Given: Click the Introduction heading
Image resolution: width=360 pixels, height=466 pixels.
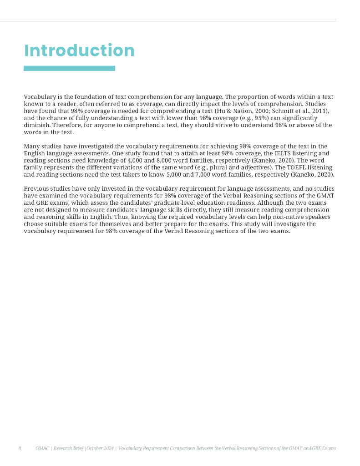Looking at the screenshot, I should click(x=79, y=51).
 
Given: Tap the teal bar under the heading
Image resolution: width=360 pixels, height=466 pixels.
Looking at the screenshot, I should click(x=69, y=68).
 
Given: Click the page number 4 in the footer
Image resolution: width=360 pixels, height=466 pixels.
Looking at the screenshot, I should click(x=20, y=448).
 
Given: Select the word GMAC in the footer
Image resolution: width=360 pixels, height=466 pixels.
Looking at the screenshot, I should click(x=43, y=448).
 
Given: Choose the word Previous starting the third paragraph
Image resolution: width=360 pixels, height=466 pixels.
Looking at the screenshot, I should click(x=37, y=189).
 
